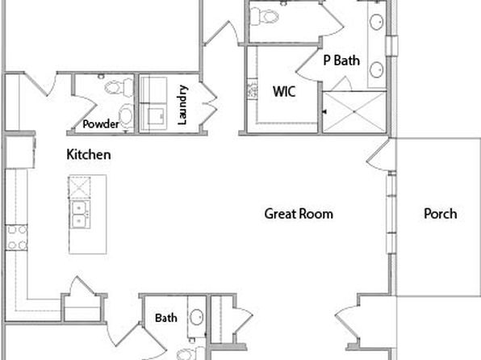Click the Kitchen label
[89, 154]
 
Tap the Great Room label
[299, 214]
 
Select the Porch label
[440, 214]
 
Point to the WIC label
[284, 91]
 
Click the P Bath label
[341, 61]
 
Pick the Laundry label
[182, 105]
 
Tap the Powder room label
[101, 124]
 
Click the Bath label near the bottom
[166, 318]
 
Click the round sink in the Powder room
[126, 115]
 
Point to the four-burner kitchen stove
[17, 237]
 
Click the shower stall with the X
[354, 112]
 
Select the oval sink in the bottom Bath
[196, 317]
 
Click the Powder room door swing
[85, 110]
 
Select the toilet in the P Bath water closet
[264, 16]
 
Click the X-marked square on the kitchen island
[79, 187]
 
